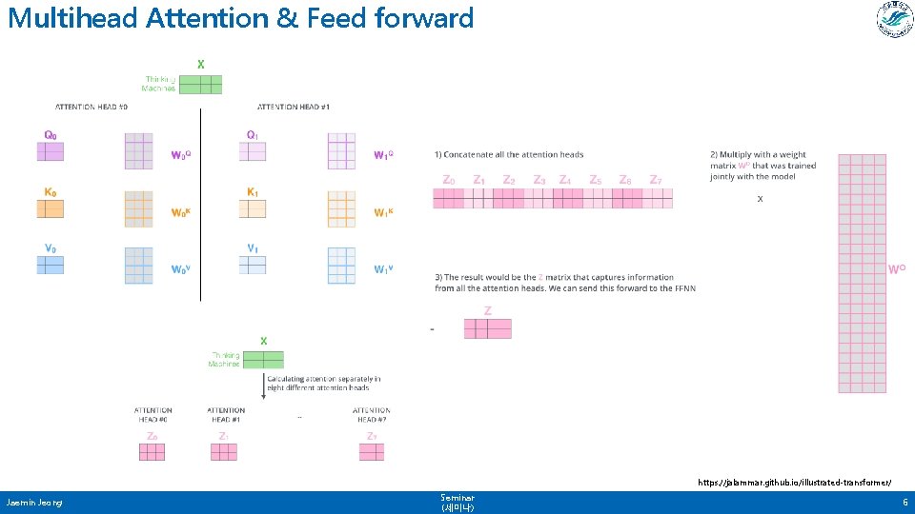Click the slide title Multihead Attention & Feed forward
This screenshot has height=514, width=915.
point(240,18)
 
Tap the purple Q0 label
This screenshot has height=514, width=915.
point(51,135)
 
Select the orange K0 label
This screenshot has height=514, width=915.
point(51,191)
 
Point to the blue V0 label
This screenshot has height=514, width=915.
point(51,248)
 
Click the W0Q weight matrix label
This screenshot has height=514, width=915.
point(181,154)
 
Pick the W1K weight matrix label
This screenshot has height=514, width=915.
point(384,212)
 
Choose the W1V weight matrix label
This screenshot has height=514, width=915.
point(384,269)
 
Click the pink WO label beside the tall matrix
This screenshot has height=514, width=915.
point(896,269)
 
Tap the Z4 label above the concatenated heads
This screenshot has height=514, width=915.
point(565,180)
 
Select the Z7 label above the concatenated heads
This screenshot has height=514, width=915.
point(655,180)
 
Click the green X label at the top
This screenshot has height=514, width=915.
point(200,64)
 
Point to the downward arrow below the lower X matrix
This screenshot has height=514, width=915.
point(262,385)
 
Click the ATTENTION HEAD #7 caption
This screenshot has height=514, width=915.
point(372,415)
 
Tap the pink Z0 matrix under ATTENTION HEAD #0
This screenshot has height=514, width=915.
point(152,451)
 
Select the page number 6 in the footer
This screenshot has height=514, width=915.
point(905,502)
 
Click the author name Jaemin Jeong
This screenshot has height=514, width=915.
point(34,502)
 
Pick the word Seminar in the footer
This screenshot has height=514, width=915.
point(457,497)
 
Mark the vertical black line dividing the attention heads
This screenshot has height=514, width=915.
point(201,205)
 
